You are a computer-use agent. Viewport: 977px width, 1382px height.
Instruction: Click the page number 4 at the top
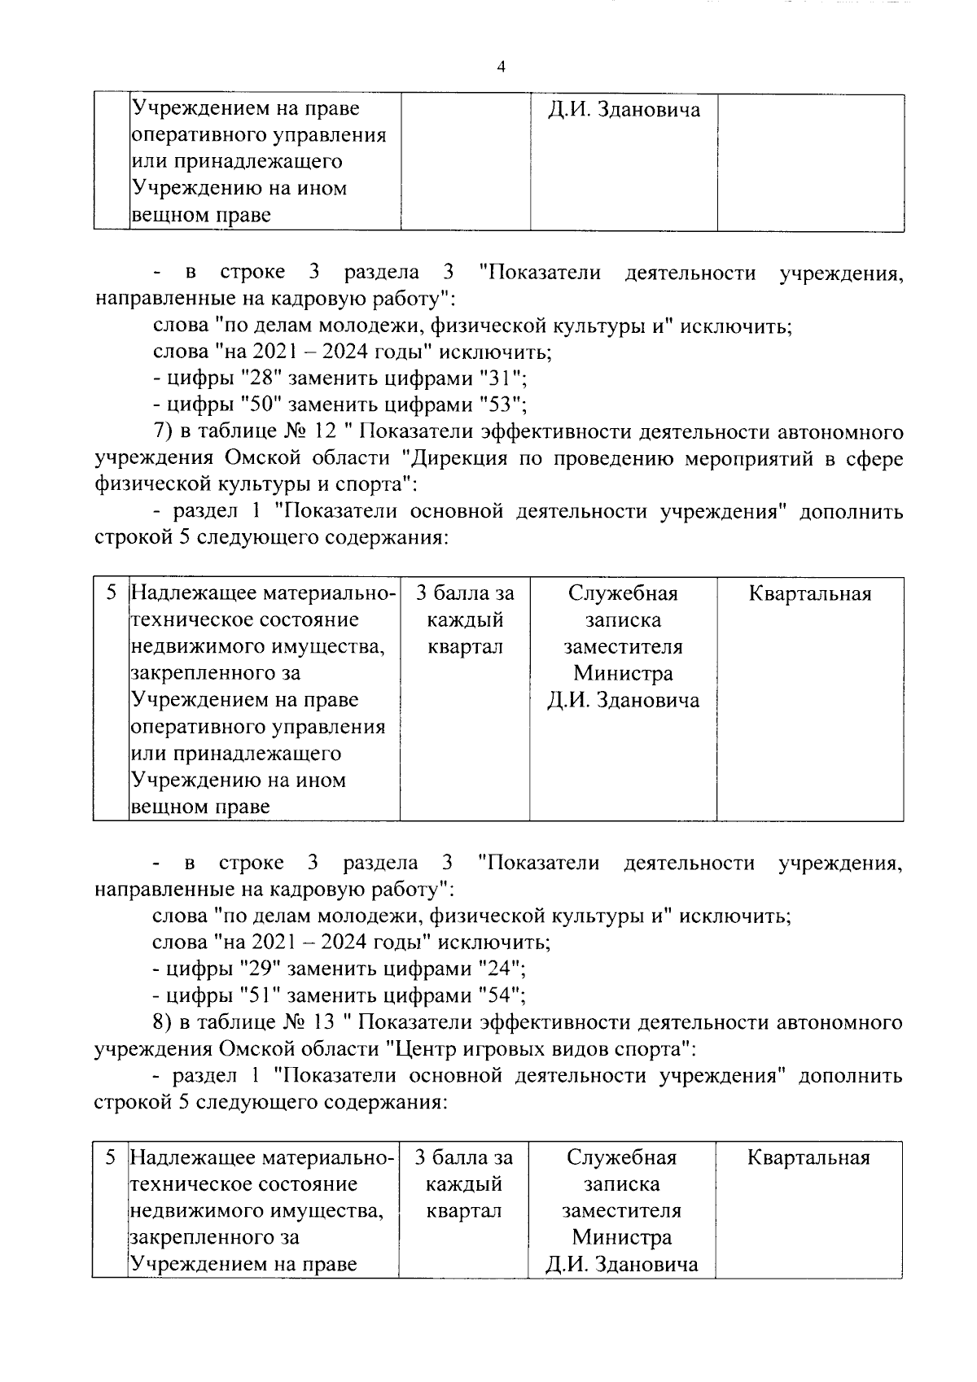click(x=501, y=68)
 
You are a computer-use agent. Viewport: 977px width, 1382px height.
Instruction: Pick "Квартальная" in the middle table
click(x=810, y=594)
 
